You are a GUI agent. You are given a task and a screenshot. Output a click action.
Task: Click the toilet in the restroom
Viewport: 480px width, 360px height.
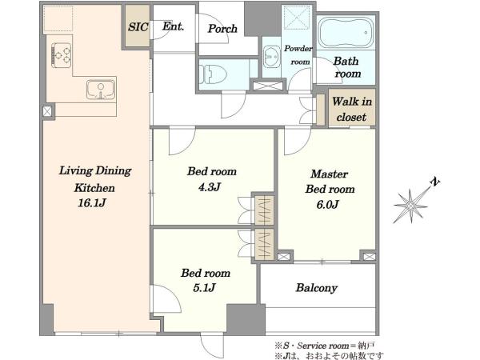coord(213,74)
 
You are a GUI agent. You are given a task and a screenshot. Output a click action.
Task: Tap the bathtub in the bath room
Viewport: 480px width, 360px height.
coord(346,32)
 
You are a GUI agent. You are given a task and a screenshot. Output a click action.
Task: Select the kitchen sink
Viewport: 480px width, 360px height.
coord(101,90)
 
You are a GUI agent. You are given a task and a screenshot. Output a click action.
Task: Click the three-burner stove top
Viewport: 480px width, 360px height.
coord(62,55)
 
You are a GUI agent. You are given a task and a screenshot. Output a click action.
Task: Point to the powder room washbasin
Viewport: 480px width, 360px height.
coord(271,57)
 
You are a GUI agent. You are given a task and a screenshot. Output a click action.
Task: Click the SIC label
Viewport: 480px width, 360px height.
coord(138,27)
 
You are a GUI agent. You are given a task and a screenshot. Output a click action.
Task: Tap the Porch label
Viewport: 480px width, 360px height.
coord(222,29)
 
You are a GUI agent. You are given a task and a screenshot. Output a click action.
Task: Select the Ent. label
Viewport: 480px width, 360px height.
coord(174,26)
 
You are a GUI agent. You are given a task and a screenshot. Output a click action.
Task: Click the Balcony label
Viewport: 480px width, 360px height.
coord(317,288)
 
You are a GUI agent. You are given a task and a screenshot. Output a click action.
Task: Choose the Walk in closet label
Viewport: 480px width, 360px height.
coord(352,109)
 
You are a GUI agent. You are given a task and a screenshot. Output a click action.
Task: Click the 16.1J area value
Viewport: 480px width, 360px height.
coord(92,203)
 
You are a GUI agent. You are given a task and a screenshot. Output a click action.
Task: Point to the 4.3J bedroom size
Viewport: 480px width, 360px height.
coord(210,187)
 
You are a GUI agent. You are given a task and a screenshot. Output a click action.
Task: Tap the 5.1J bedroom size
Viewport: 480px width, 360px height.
coord(205,288)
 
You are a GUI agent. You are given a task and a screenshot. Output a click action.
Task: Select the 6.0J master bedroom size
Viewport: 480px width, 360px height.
coord(327,204)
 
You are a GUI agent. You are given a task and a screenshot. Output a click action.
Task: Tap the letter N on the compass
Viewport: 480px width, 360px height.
coord(435,182)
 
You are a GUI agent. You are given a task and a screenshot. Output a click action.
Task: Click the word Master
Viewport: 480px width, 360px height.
coord(329,174)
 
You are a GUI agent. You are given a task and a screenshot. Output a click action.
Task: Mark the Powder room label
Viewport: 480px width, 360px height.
coord(298,55)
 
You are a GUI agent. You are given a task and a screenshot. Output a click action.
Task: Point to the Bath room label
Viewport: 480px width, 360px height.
coord(347,67)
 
